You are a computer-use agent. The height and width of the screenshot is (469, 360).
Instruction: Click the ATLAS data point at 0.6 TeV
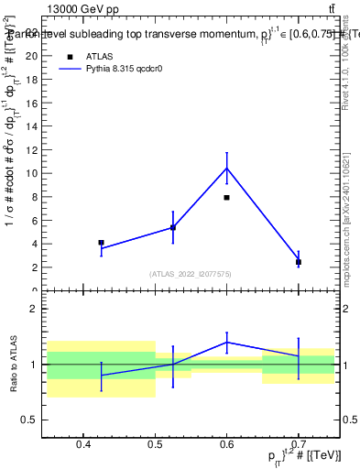[226, 197]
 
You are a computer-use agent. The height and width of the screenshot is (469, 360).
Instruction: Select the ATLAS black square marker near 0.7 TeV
[299, 262]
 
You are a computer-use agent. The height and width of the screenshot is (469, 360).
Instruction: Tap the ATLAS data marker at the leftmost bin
[101, 243]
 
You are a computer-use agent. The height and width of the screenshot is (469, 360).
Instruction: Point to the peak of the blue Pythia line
[226, 168]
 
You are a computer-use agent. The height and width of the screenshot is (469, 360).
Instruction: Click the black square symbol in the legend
[70, 56]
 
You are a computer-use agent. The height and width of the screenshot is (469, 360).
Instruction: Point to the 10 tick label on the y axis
[31, 173]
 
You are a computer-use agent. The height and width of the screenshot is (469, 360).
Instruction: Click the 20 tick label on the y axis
[31, 55]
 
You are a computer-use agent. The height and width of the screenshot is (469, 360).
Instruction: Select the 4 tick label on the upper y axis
[34, 244]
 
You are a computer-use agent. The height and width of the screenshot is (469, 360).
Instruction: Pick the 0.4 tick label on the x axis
[83, 444]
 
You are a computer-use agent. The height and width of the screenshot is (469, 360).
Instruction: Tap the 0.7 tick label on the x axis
[299, 444]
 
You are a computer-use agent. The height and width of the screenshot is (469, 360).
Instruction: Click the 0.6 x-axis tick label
[226, 444]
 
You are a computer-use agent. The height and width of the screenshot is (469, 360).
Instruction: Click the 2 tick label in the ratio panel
[34, 309]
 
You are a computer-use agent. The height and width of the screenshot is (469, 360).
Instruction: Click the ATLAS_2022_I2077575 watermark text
[191, 274]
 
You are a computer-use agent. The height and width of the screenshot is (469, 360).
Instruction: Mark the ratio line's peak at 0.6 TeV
[226, 342]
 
